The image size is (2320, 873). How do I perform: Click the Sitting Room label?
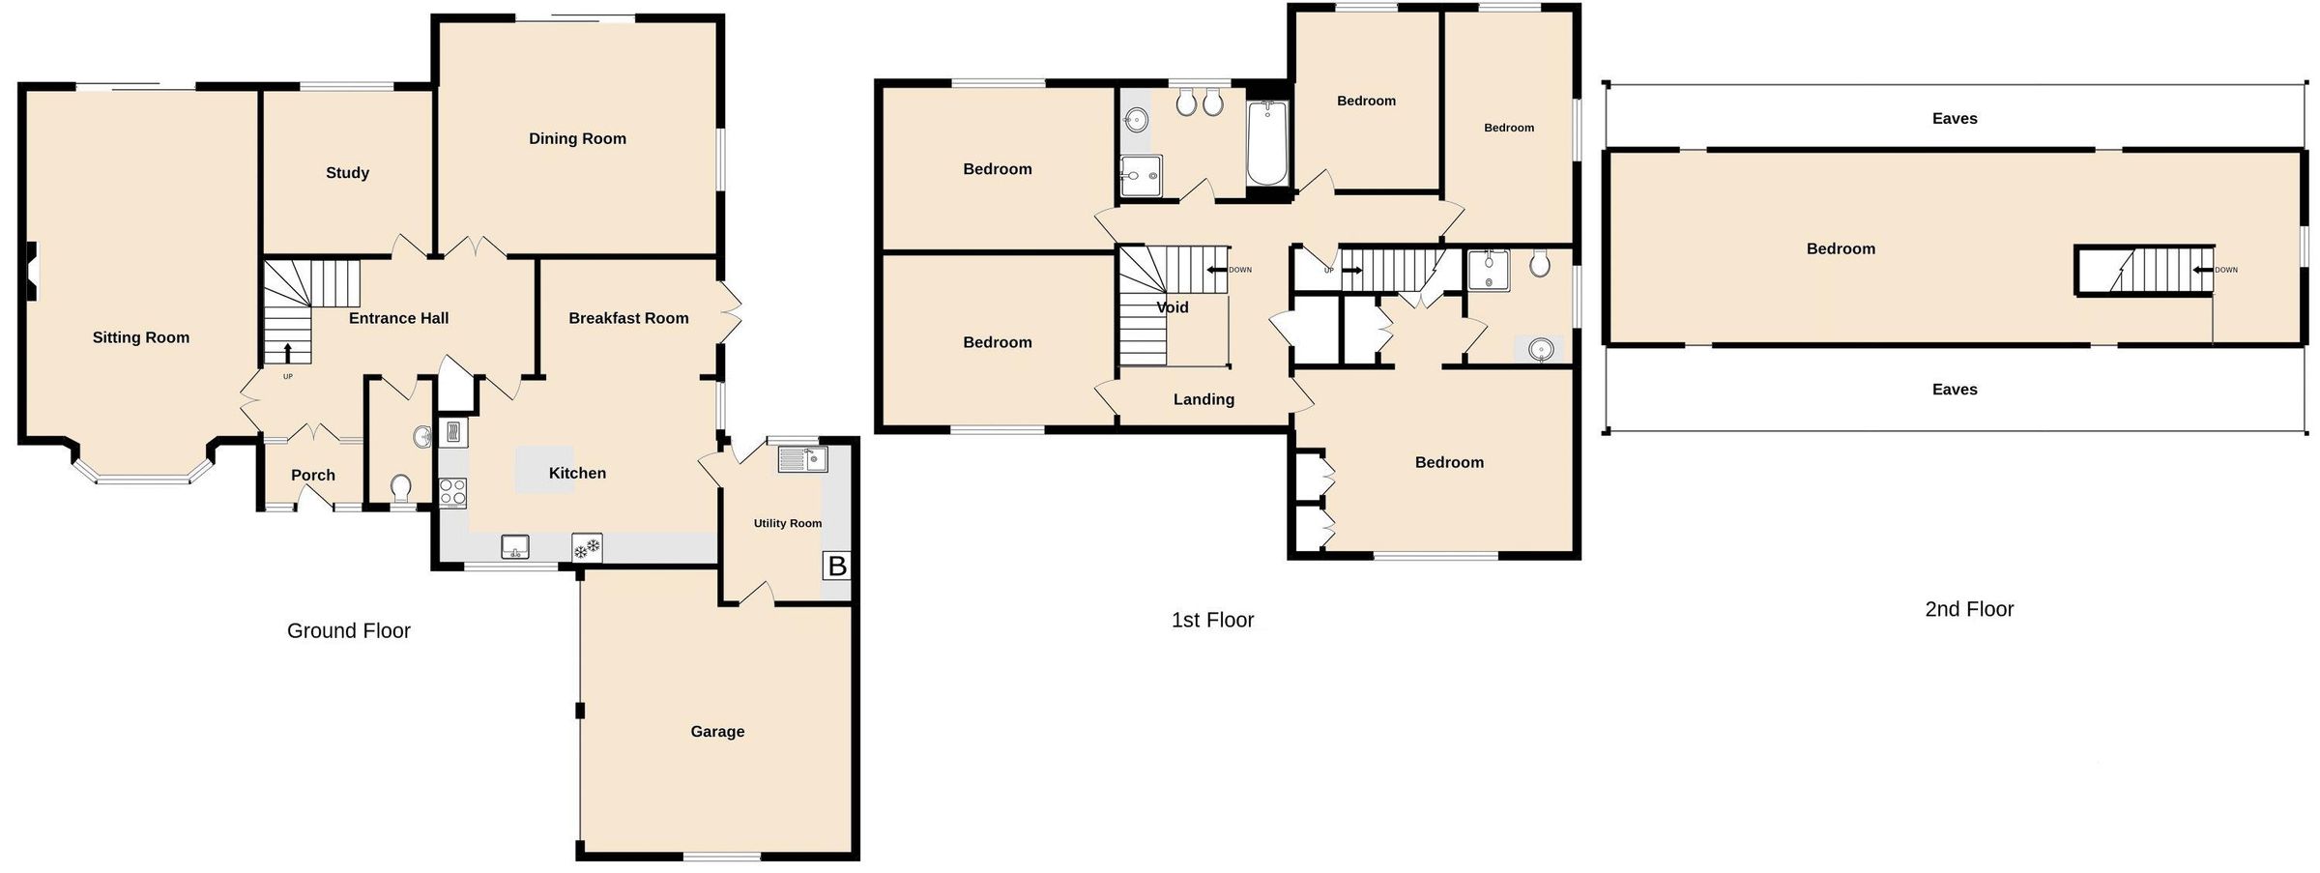click(141, 337)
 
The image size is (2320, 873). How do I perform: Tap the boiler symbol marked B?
click(837, 566)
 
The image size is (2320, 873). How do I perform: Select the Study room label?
click(347, 173)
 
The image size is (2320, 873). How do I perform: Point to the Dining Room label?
click(577, 138)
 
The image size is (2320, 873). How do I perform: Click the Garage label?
click(717, 732)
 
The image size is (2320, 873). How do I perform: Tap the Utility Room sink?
click(802, 459)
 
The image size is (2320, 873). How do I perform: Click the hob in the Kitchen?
click(453, 493)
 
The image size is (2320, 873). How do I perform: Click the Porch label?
click(313, 475)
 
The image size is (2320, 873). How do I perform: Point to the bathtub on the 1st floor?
click(1266, 145)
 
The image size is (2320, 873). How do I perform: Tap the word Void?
click(1173, 307)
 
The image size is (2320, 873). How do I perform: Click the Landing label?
click(1203, 399)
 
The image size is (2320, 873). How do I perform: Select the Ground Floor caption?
click(349, 631)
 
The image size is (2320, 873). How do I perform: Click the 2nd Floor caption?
click(1969, 609)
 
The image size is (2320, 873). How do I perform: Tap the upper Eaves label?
click(1955, 119)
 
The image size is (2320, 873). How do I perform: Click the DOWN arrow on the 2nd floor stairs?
click(2203, 270)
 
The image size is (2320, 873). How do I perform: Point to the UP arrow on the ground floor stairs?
click(287, 352)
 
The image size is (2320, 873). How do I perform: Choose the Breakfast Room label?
click(628, 318)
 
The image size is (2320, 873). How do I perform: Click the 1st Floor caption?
click(1212, 621)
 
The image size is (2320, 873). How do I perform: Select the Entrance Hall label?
click(398, 318)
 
